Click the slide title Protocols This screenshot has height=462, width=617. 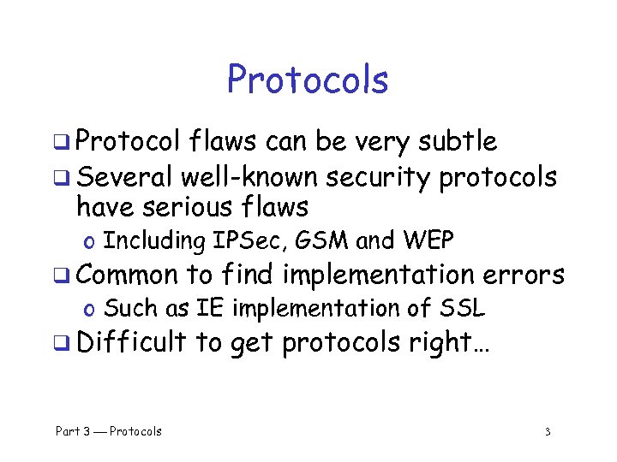tap(308, 80)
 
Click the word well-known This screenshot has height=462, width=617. tap(249, 177)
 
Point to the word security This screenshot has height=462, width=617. tap(378, 179)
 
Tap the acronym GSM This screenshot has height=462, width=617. tap(322, 241)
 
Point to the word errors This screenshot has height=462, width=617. tap(524, 275)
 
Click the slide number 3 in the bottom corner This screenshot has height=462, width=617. tap(547, 432)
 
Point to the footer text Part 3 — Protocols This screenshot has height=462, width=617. tap(109, 431)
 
